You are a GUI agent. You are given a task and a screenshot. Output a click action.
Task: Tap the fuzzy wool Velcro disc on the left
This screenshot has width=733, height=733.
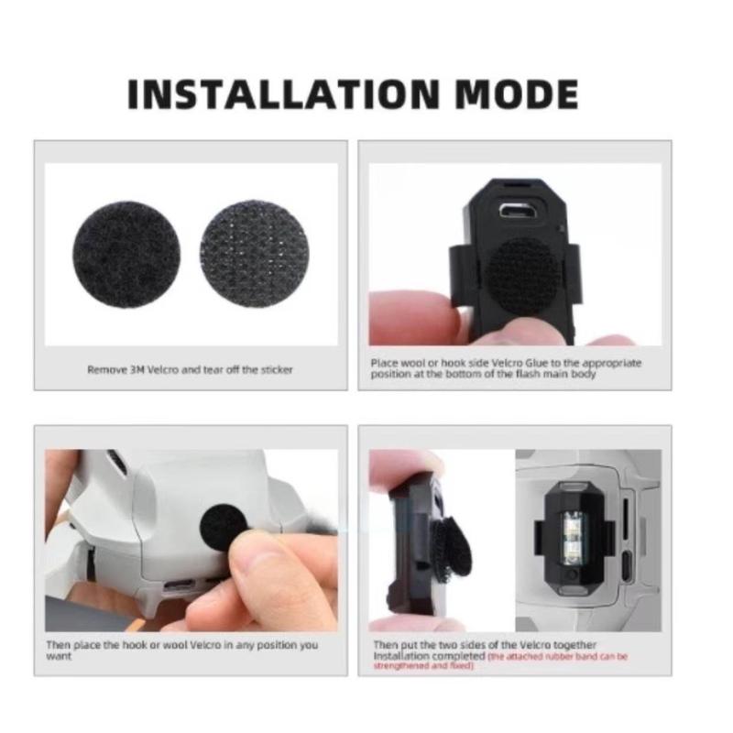126,255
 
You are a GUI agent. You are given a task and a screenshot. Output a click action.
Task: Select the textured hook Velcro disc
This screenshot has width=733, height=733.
255,255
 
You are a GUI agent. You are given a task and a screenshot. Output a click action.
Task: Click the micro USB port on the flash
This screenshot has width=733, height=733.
516,212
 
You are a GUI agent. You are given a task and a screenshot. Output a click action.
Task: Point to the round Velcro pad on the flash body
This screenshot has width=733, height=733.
515,272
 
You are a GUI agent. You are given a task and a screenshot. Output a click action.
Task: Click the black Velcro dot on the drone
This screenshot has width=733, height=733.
224,528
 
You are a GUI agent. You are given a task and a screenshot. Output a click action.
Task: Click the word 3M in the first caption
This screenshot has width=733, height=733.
137,370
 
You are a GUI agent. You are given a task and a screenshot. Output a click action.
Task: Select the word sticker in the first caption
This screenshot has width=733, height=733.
277,370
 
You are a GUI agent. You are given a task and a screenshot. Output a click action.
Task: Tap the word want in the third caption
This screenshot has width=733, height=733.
59,656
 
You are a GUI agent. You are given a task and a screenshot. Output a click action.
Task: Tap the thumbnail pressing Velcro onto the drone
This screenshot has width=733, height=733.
191,541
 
